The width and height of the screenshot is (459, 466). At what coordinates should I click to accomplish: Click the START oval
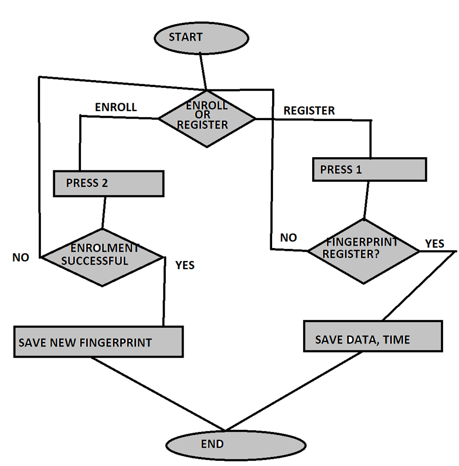[201, 38]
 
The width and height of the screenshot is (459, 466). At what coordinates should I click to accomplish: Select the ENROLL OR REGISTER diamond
[207, 118]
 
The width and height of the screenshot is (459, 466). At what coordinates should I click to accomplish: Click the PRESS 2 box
[109, 184]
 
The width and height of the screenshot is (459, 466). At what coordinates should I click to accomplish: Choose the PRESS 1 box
[370, 169]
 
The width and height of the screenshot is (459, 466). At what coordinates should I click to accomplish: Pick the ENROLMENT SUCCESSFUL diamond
[103, 257]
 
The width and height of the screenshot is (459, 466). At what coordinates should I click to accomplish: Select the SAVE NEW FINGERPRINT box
[98, 342]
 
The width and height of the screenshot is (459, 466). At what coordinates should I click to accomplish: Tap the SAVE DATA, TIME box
[373, 336]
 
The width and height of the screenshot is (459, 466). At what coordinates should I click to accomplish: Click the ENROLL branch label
[116, 107]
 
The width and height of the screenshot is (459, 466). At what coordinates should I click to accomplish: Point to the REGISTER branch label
[309, 111]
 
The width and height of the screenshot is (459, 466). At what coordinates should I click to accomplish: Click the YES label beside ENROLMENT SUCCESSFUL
[185, 265]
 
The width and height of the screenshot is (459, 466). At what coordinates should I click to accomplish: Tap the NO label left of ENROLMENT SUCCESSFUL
[21, 257]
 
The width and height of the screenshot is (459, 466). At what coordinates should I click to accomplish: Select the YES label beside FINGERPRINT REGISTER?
[434, 243]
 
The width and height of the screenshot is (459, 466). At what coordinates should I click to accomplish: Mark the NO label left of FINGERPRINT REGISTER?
[288, 238]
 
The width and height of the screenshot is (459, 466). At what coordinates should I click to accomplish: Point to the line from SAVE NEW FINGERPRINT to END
[158, 394]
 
